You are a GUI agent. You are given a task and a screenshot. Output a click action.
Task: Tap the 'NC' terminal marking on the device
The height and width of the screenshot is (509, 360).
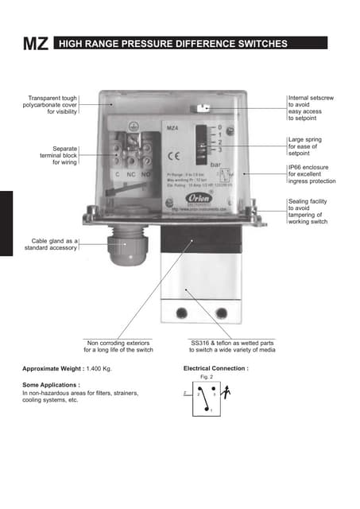pos(131,173)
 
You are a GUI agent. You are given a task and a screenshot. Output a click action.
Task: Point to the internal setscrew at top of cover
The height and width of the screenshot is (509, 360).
pos(203,106)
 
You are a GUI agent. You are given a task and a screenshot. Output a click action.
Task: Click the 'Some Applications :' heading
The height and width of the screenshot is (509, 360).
pos(54,384)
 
